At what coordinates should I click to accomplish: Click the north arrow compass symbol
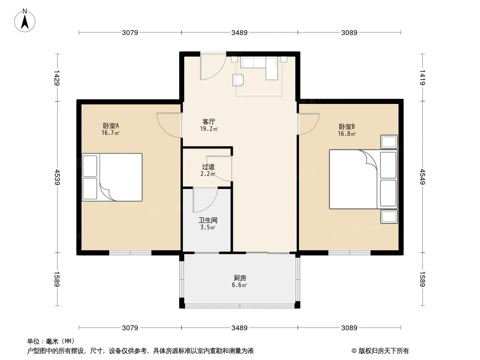point(25,21)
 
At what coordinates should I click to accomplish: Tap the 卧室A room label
point(110,126)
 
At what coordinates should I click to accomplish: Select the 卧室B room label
point(347,126)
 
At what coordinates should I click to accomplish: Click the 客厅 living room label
point(209,121)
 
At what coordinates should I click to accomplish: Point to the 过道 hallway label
point(208,166)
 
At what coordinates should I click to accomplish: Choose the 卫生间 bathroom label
point(208,220)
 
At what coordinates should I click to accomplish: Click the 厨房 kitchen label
point(240,278)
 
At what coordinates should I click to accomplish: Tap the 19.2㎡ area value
point(209,129)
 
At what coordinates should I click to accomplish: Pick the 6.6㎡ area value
point(240,285)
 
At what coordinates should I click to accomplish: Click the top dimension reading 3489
point(240,32)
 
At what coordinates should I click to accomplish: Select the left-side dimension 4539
point(57,177)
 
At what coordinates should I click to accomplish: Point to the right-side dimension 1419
point(422,77)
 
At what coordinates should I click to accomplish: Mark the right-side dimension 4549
point(422,177)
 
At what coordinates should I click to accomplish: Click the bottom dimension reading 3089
point(349,328)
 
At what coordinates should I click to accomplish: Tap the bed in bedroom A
point(112,177)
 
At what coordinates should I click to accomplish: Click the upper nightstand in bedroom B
point(389,142)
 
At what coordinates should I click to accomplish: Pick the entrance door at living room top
point(213,66)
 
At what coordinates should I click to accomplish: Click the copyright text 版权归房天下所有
point(384,351)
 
